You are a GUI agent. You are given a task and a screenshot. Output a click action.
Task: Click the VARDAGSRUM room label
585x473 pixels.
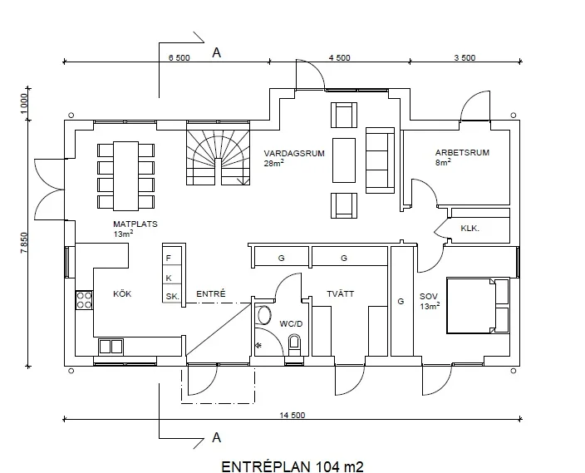point(294,154)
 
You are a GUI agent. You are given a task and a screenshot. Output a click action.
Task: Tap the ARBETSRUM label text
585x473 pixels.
point(462,152)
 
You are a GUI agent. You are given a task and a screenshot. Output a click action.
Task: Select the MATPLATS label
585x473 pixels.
point(135,224)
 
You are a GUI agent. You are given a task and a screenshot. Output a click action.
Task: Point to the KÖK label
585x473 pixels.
point(122,293)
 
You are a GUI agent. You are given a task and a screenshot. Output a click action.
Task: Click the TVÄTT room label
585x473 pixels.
point(340,293)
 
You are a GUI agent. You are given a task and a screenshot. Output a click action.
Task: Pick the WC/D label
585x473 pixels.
point(291,323)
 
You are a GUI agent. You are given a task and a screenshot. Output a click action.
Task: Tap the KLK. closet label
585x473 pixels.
point(469,228)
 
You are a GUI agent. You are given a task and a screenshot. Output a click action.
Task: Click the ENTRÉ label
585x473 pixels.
point(211,293)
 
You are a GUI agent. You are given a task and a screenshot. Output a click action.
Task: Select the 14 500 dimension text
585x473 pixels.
point(292,415)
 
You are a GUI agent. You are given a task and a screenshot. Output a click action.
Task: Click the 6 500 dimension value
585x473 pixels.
point(179,58)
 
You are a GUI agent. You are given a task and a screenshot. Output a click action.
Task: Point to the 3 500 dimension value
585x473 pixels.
point(465,58)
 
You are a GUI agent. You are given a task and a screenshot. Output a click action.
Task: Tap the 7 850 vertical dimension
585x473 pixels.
point(23,243)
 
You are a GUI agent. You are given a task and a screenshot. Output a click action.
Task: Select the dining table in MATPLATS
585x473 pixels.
point(126,176)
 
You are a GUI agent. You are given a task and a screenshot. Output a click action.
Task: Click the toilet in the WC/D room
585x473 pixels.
point(294,345)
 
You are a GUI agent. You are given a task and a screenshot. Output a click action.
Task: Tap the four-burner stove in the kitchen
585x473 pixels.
point(84,300)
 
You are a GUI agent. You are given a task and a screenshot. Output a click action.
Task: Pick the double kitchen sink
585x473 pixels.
point(111,347)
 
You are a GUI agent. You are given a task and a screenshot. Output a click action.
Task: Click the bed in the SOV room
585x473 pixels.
point(478,305)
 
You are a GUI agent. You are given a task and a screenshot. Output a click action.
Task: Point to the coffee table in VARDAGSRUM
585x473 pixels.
point(344,160)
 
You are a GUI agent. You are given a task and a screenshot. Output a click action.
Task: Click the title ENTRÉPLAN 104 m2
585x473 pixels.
point(292,466)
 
